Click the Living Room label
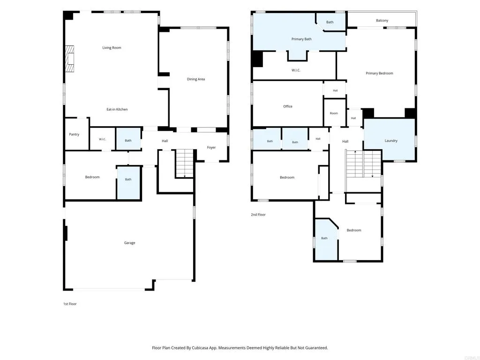pos(112,48)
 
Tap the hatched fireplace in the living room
pos(70,59)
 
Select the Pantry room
pos(77,134)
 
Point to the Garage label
pos(129,243)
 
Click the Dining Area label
pos(196,79)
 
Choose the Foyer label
pos(211,148)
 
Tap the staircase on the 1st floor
pos(185,164)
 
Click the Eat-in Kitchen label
pos(117,109)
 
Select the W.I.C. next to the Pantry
pos(102,139)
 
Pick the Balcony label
pos(382,21)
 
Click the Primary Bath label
pos(301,39)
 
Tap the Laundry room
pos(389,140)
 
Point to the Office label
pos(288,106)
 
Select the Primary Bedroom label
pos(379,74)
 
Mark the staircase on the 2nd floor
pos(363,164)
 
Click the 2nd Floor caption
pos(258,215)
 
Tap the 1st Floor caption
pos(70,304)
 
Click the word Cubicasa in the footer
pos(201,348)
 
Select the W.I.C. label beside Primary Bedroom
pos(296,70)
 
